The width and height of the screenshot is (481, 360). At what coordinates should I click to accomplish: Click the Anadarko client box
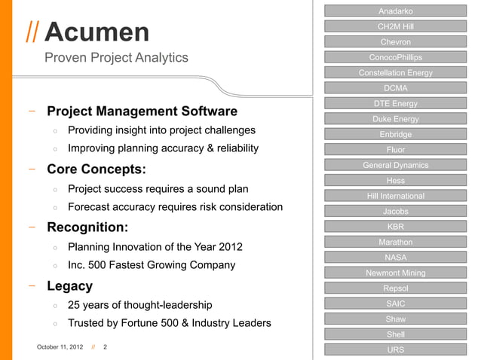pyautogui.click(x=395, y=11)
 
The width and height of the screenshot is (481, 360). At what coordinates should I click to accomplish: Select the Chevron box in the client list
pyautogui.click(x=395, y=41)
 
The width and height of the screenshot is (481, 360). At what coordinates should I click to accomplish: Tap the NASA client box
pyautogui.click(x=395, y=258)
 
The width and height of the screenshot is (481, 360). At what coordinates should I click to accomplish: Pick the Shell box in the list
pyautogui.click(x=395, y=334)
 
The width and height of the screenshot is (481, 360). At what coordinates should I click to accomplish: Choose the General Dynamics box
pyautogui.click(x=395, y=165)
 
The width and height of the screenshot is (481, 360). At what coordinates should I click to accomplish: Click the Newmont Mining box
pyautogui.click(x=395, y=273)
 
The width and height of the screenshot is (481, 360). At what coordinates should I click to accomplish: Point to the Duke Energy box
pyautogui.click(x=395, y=119)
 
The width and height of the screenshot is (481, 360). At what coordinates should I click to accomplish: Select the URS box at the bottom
pyautogui.click(x=395, y=350)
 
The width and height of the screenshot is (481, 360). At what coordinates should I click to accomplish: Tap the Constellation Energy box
pyautogui.click(x=395, y=73)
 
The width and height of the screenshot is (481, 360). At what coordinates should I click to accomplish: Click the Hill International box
pyautogui.click(x=395, y=196)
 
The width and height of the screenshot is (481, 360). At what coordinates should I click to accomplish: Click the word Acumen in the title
pyautogui.click(x=97, y=32)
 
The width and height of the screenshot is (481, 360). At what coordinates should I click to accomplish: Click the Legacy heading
pyautogui.click(x=70, y=286)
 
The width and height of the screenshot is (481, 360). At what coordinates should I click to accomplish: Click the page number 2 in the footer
pyautogui.click(x=105, y=347)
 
